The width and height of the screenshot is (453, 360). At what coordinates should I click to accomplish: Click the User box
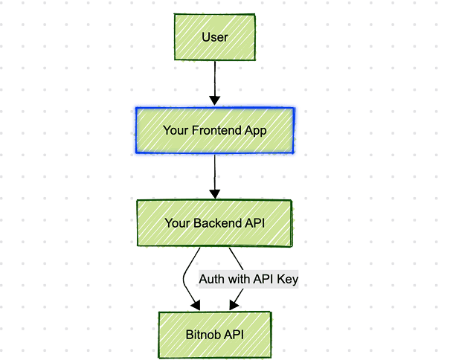214,36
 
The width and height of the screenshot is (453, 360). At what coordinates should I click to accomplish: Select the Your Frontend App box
214,130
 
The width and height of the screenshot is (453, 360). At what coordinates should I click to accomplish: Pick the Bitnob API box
214,334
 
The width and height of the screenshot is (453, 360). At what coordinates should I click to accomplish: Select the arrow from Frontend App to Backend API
214,175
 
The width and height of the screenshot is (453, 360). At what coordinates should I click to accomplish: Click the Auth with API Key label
248,279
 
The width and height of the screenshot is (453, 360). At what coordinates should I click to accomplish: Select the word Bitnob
202,334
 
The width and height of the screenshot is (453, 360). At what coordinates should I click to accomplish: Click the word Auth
212,279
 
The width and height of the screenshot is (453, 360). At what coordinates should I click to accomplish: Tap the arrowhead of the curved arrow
196,304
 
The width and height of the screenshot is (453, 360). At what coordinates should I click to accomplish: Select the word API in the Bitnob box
233,334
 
